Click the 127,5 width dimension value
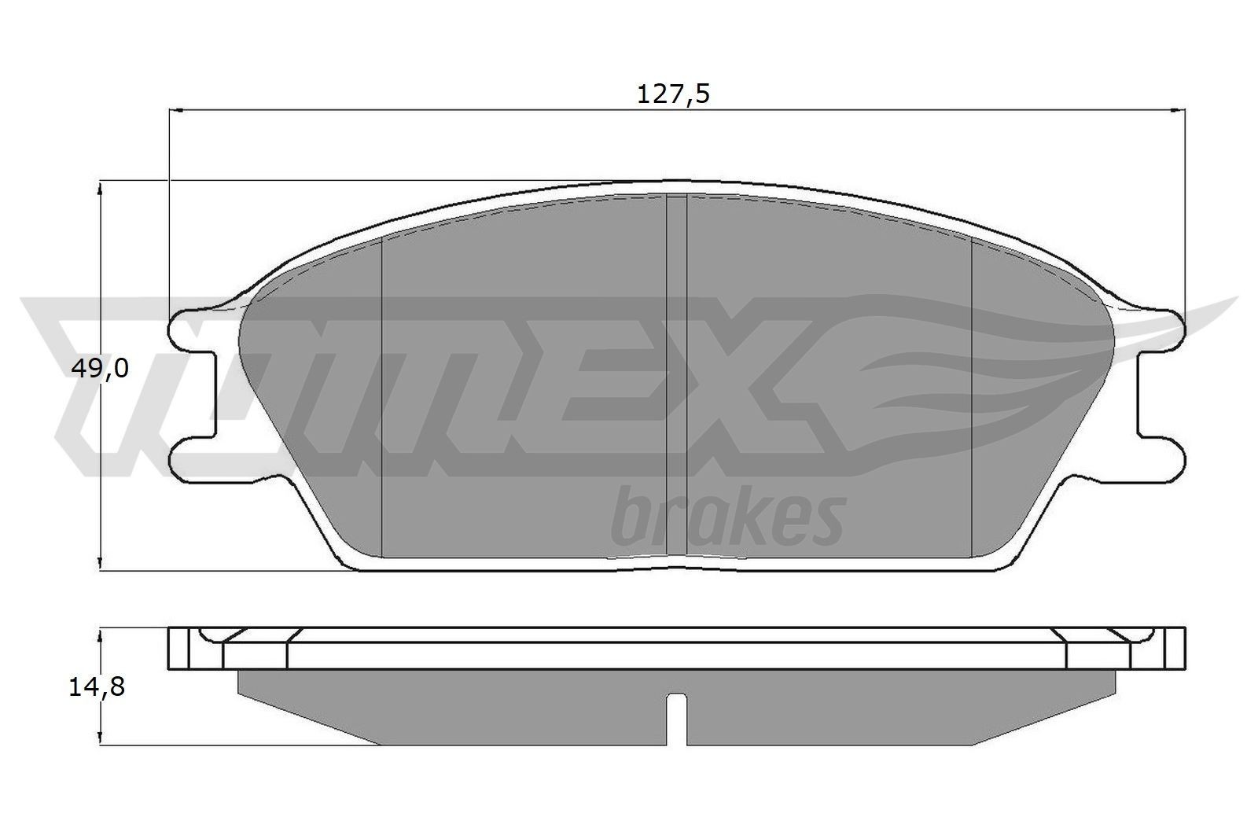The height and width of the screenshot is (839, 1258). pyautogui.click(x=672, y=94)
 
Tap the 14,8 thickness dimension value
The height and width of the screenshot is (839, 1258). pyautogui.click(x=97, y=686)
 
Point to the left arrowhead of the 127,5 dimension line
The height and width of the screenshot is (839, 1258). pyautogui.click(x=176, y=111)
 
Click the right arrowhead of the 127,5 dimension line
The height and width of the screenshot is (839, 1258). pyautogui.click(x=1179, y=111)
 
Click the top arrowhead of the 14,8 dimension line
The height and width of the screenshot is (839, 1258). pyautogui.click(x=100, y=635)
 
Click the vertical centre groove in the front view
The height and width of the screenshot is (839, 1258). pyautogui.click(x=676, y=377)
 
